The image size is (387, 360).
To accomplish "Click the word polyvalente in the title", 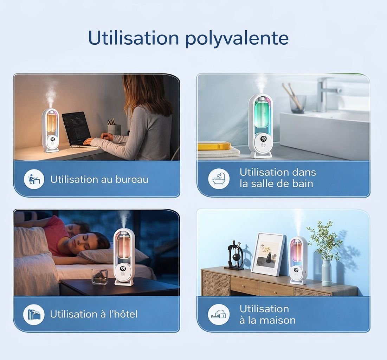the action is coord(237,39).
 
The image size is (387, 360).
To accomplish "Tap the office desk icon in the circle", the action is coord(34,179).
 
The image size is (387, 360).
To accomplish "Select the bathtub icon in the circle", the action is coord(219,179).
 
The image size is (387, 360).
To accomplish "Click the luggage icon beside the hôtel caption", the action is coord(34,314).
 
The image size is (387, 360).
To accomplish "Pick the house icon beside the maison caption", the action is coord(219,314).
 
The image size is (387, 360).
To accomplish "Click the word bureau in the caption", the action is coord(132,179).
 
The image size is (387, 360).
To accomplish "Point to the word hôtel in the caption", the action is coord(123,314).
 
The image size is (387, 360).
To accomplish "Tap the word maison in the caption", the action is coord(278,320).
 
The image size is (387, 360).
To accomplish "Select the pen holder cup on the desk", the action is coord(114,129).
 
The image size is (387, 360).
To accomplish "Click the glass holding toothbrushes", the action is coord(298,104).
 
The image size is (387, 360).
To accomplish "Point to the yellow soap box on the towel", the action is coord(214,146).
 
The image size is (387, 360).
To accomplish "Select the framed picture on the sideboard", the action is coord(268,254).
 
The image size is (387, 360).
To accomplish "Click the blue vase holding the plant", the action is coord(326,272).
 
